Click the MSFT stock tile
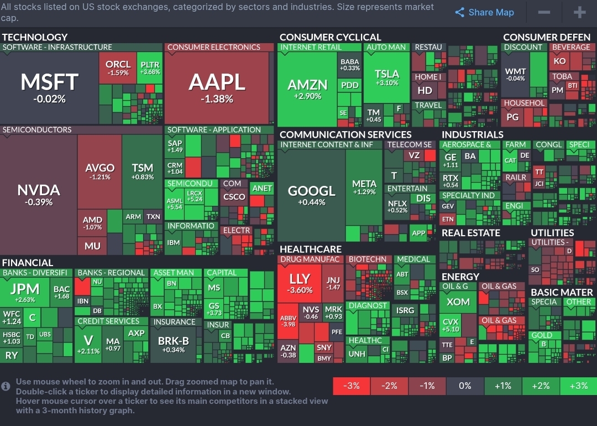point(50,87)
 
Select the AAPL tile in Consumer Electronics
point(217,87)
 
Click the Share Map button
point(484,12)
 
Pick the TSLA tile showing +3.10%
point(386,77)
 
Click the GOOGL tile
point(311,195)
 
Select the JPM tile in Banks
point(25,292)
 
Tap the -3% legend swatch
point(352,386)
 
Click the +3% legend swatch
point(578,386)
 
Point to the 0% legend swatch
point(465,386)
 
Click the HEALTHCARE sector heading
point(310,249)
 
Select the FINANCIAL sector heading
point(28,262)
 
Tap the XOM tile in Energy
point(458,302)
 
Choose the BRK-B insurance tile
point(174,344)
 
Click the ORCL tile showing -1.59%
point(118,67)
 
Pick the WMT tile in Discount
point(515,75)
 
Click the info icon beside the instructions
point(6,386)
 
